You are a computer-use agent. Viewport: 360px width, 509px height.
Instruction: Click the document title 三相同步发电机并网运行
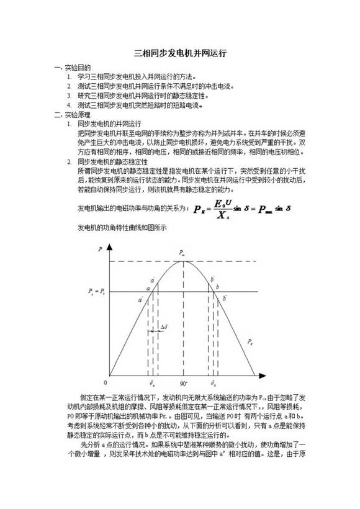click(x=181, y=53)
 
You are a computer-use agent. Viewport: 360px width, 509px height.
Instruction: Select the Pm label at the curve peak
click(x=181, y=253)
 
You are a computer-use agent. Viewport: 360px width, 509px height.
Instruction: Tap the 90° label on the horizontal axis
click(x=184, y=384)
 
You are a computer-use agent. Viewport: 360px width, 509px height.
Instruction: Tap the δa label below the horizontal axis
click(x=151, y=384)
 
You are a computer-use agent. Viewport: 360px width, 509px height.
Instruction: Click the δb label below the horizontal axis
click(x=214, y=384)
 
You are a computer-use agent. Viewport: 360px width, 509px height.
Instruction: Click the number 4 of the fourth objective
click(x=70, y=106)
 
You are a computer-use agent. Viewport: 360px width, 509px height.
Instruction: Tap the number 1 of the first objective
click(x=70, y=76)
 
